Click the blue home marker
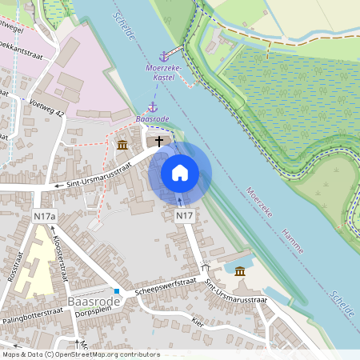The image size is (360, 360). pos(180,173)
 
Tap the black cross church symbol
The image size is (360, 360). pos(159,141)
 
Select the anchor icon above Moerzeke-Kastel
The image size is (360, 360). pos(164,56)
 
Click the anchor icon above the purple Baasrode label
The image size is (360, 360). pos(151,106)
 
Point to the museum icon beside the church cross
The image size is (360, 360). pos(122,145)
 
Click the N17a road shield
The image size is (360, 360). pos(45,216)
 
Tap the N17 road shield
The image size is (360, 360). pos(185,216)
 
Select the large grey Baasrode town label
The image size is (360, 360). pos(94,301)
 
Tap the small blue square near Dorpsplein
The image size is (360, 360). pos(117,291)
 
